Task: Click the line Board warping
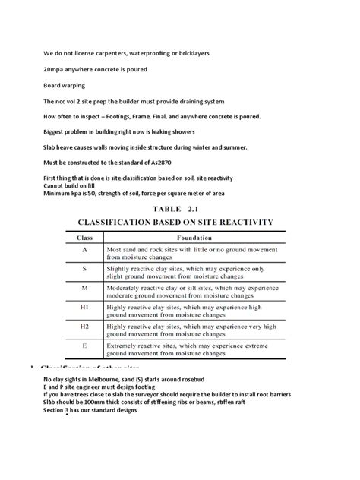pos(64,85)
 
